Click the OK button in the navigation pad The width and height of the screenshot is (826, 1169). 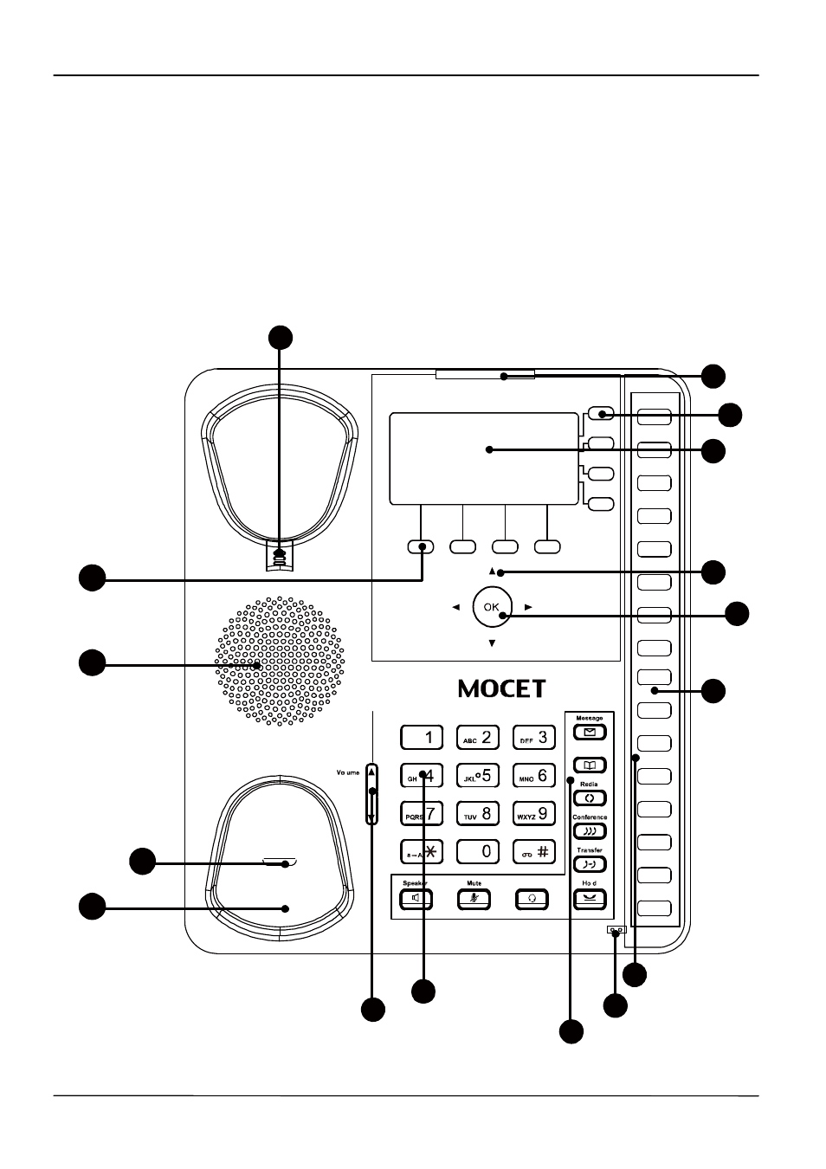pos(492,607)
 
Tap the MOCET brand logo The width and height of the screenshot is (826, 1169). pos(502,688)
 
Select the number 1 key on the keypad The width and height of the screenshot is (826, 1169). pos(422,738)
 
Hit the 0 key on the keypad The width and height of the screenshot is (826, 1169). pos(478,851)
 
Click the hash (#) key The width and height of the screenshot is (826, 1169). pos(533,851)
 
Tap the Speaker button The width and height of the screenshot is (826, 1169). pos(416,899)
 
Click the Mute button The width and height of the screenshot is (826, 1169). pos(474,899)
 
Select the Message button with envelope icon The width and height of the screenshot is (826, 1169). pos(590,733)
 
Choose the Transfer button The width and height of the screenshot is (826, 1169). pos(590,864)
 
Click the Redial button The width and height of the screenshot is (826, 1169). pos(590,798)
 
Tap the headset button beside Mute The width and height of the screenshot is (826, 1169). pos(532,899)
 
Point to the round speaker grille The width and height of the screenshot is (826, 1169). pos(279,661)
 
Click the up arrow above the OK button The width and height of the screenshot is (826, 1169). pos(492,572)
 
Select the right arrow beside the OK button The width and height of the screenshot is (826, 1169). pos(528,608)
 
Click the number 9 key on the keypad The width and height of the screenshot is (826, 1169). pos(533,814)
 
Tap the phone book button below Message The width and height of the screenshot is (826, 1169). pos(590,765)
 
